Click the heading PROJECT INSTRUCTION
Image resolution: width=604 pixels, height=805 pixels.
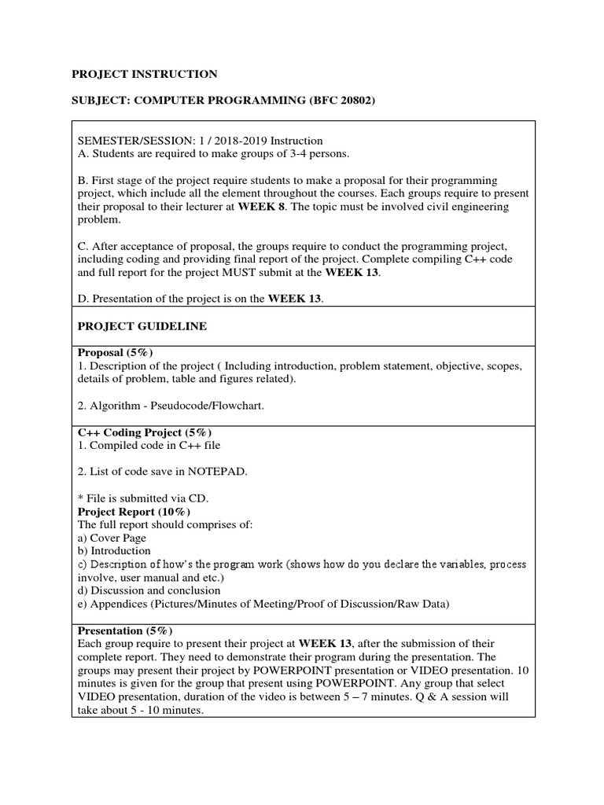pyautogui.click(x=145, y=74)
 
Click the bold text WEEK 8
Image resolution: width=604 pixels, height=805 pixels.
pyautogui.click(x=286, y=206)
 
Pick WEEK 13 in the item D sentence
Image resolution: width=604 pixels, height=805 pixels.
pyautogui.click(x=295, y=299)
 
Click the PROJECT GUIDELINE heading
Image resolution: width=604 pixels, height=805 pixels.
pyautogui.click(x=142, y=326)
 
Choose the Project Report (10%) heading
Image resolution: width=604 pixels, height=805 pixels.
pyautogui.click(x=133, y=512)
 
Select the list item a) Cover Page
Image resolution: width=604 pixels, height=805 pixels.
pyautogui.click(x=111, y=539)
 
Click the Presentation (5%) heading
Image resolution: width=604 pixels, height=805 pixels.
pyautogui.click(x=124, y=631)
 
